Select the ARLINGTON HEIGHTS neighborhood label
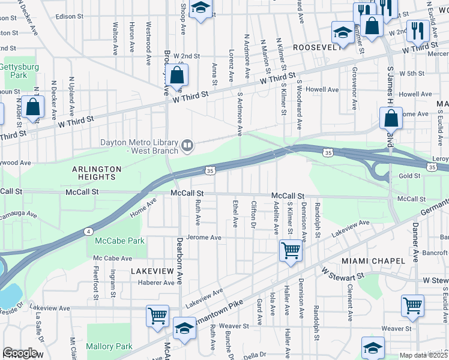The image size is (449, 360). (x=93, y=173)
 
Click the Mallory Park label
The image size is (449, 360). (x=109, y=346)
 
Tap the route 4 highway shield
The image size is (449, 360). (x=88, y=231)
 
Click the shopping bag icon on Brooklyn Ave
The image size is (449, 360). (x=176, y=75)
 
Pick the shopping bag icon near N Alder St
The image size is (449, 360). (x=34, y=107)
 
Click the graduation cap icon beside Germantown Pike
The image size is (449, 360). (x=184, y=328)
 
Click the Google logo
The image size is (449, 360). (x=20, y=353)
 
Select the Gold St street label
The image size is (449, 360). (x=409, y=176)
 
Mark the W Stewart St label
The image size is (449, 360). (x=343, y=274)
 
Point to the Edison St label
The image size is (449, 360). (x=68, y=16)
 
